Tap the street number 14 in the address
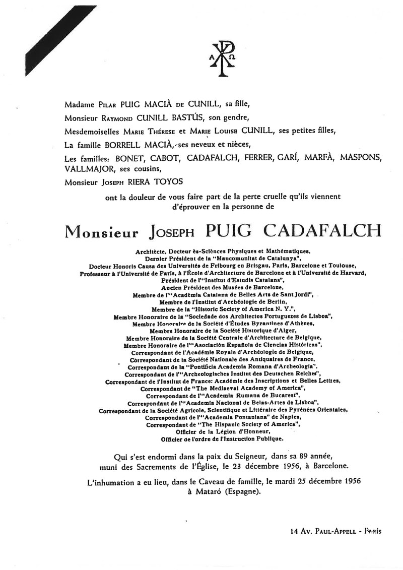(x=295, y=531)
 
